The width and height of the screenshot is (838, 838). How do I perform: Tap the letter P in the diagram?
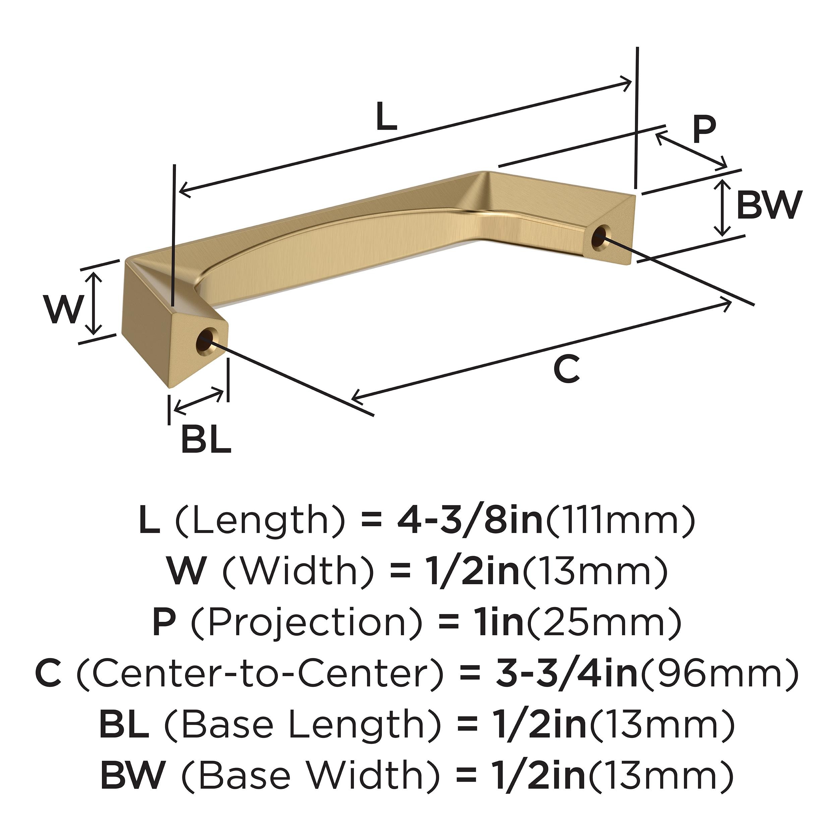pyautogui.click(x=704, y=130)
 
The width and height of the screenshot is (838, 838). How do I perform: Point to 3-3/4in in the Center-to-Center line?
pyautogui.click(x=566, y=674)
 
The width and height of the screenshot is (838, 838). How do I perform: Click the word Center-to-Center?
pyautogui.click(x=260, y=674)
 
